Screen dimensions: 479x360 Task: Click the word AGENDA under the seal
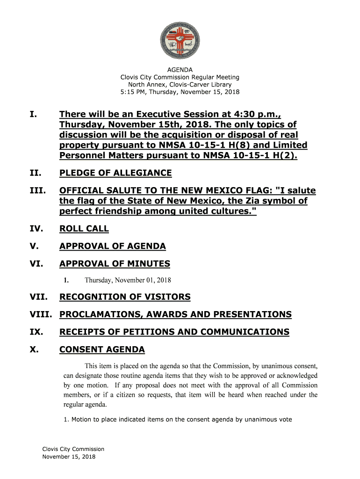(180, 70)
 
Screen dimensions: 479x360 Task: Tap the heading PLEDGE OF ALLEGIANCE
(115, 174)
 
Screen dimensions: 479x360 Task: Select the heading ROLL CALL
(84, 229)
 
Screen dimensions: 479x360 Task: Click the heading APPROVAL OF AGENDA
(112, 247)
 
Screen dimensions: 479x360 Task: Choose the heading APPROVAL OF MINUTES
(115, 264)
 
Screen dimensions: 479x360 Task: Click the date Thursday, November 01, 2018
(128, 281)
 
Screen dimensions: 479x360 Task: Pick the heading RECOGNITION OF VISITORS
(125, 297)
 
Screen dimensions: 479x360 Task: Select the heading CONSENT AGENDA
(102, 350)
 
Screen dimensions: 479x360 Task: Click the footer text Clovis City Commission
(73, 449)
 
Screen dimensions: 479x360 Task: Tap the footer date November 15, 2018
(69, 457)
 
